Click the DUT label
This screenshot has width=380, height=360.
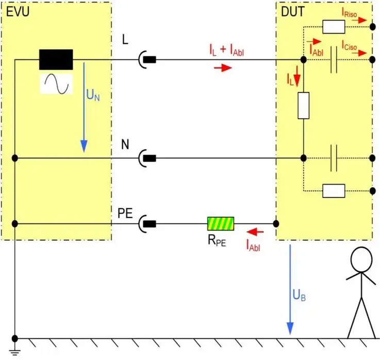coord(292,11)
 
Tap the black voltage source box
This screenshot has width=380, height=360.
coord(56,59)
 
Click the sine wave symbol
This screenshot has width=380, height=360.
coord(56,83)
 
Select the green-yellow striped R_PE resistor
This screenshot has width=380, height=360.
coord(221,223)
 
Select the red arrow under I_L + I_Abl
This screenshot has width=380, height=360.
coord(223,68)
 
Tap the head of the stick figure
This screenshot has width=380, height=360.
coord(361,259)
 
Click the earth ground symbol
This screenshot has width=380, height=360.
coord(15,352)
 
